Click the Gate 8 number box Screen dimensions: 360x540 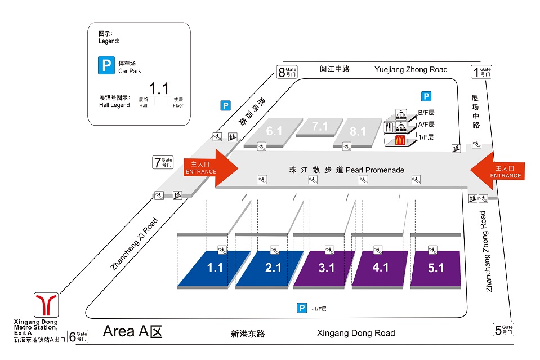[287, 72]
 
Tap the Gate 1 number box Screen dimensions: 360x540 [481, 72]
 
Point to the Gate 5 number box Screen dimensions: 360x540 [503, 330]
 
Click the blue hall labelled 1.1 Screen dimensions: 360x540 [215, 268]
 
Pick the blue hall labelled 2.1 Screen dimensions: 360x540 [273, 268]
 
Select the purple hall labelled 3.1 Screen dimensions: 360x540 [326, 268]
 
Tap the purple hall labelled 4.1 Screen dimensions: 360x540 [380, 268]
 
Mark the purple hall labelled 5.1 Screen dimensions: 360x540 [435, 268]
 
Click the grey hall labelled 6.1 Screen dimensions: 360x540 [274, 131]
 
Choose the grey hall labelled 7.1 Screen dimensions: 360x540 [320, 127]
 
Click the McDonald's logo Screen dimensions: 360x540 [400, 141]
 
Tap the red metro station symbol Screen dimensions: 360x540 [46, 305]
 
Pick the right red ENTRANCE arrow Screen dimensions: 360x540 [498, 171]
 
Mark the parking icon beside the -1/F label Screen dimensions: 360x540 [302, 308]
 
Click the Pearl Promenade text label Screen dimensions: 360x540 [344, 170]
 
